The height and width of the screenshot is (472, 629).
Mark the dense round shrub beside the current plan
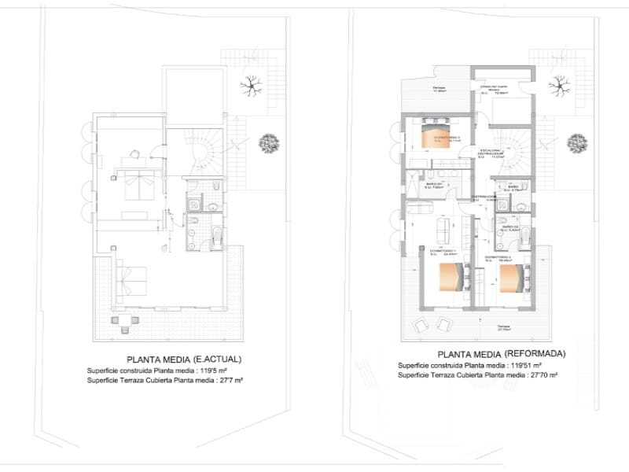(x=269, y=142)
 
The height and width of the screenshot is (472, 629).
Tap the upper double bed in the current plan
(x=138, y=186)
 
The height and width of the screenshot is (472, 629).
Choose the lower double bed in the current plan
(x=131, y=281)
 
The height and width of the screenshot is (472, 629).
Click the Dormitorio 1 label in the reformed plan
(x=443, y=252)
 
